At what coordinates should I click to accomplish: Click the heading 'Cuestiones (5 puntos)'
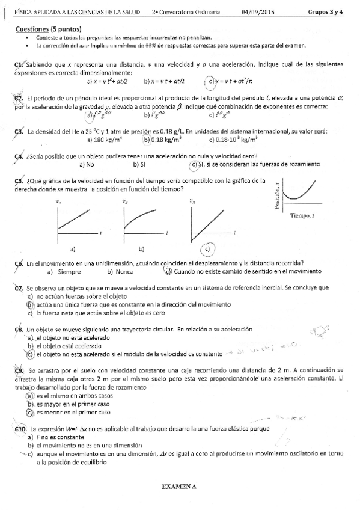coord(49,28)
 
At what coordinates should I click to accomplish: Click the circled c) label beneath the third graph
coord(207,248)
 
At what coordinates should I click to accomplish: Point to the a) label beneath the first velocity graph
coord(72,248)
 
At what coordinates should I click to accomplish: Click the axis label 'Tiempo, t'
coord(303,215)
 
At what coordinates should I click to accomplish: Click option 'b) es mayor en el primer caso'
coord(69,405)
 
